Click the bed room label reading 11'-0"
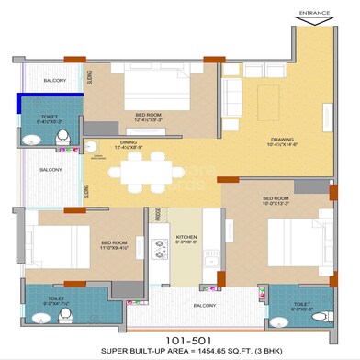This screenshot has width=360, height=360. pos(115,246)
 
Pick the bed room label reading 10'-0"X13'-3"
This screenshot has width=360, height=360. pos(278,203)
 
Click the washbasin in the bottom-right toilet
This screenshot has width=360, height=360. pos(279,321)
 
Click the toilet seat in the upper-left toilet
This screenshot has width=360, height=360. pos(62,138)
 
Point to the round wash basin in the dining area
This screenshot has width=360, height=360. pos(92,145)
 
